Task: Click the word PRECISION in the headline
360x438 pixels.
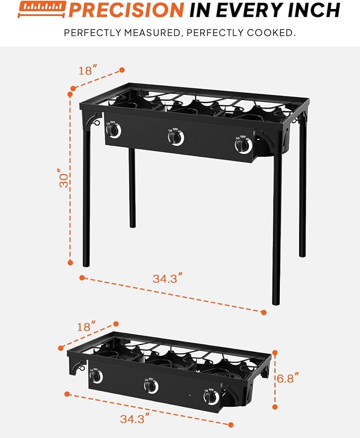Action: coord(126,10)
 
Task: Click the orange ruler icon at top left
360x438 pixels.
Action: coord(42,9)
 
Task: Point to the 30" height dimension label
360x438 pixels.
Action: coord(64,177)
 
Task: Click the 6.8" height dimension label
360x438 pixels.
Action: coord(288,378)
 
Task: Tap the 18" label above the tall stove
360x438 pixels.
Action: coord(88,70)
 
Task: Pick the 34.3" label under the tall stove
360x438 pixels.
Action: coord(168,278)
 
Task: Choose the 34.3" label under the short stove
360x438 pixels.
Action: coord(135,418)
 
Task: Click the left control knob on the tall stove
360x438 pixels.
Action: coord(113,130)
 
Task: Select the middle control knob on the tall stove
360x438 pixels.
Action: coord(175,137)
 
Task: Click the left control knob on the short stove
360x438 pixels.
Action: coord(96,376)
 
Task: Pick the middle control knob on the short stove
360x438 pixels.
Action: coord(151,386)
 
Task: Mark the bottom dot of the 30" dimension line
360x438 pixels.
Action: coord(71,263)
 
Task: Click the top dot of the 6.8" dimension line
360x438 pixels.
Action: coord(275,353)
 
